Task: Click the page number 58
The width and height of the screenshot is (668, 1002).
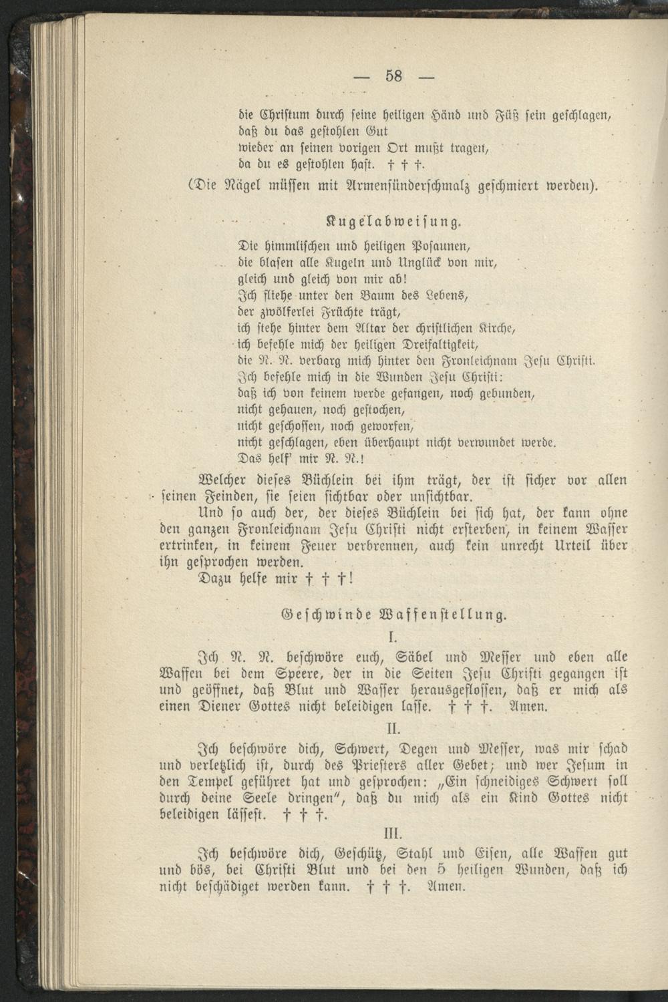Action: pos(393,75)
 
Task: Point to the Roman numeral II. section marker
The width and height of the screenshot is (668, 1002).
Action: pos(393,725)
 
